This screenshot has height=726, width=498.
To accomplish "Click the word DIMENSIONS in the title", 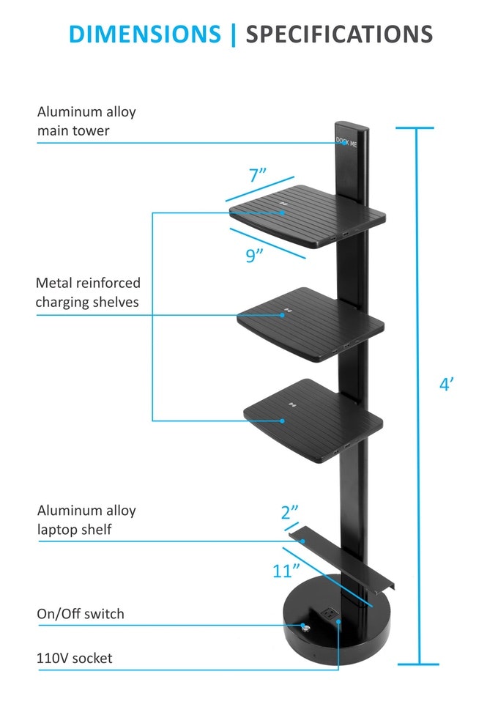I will coord(144,34).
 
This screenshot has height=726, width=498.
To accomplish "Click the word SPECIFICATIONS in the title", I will coord(338,34).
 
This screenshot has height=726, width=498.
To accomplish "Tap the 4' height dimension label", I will coord(447,385).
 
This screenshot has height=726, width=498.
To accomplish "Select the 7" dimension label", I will coord(257,176).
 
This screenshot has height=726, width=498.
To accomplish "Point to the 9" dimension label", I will coord(254,256).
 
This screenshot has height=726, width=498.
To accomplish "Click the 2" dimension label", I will coord(290,513).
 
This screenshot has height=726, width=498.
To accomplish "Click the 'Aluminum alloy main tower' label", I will coord(86,120).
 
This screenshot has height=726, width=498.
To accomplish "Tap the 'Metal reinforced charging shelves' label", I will coord(88,292).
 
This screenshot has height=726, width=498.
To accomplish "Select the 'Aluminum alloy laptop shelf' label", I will coord(86,519).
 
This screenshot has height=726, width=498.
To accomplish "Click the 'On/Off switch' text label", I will coord(81,614).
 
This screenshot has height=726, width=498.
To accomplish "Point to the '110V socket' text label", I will coord(75,659).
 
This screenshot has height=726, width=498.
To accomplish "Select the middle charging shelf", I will coord(311,322).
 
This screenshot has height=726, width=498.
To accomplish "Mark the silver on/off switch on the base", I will coord(304,627).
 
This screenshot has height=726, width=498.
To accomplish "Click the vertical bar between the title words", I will coord(233,34).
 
